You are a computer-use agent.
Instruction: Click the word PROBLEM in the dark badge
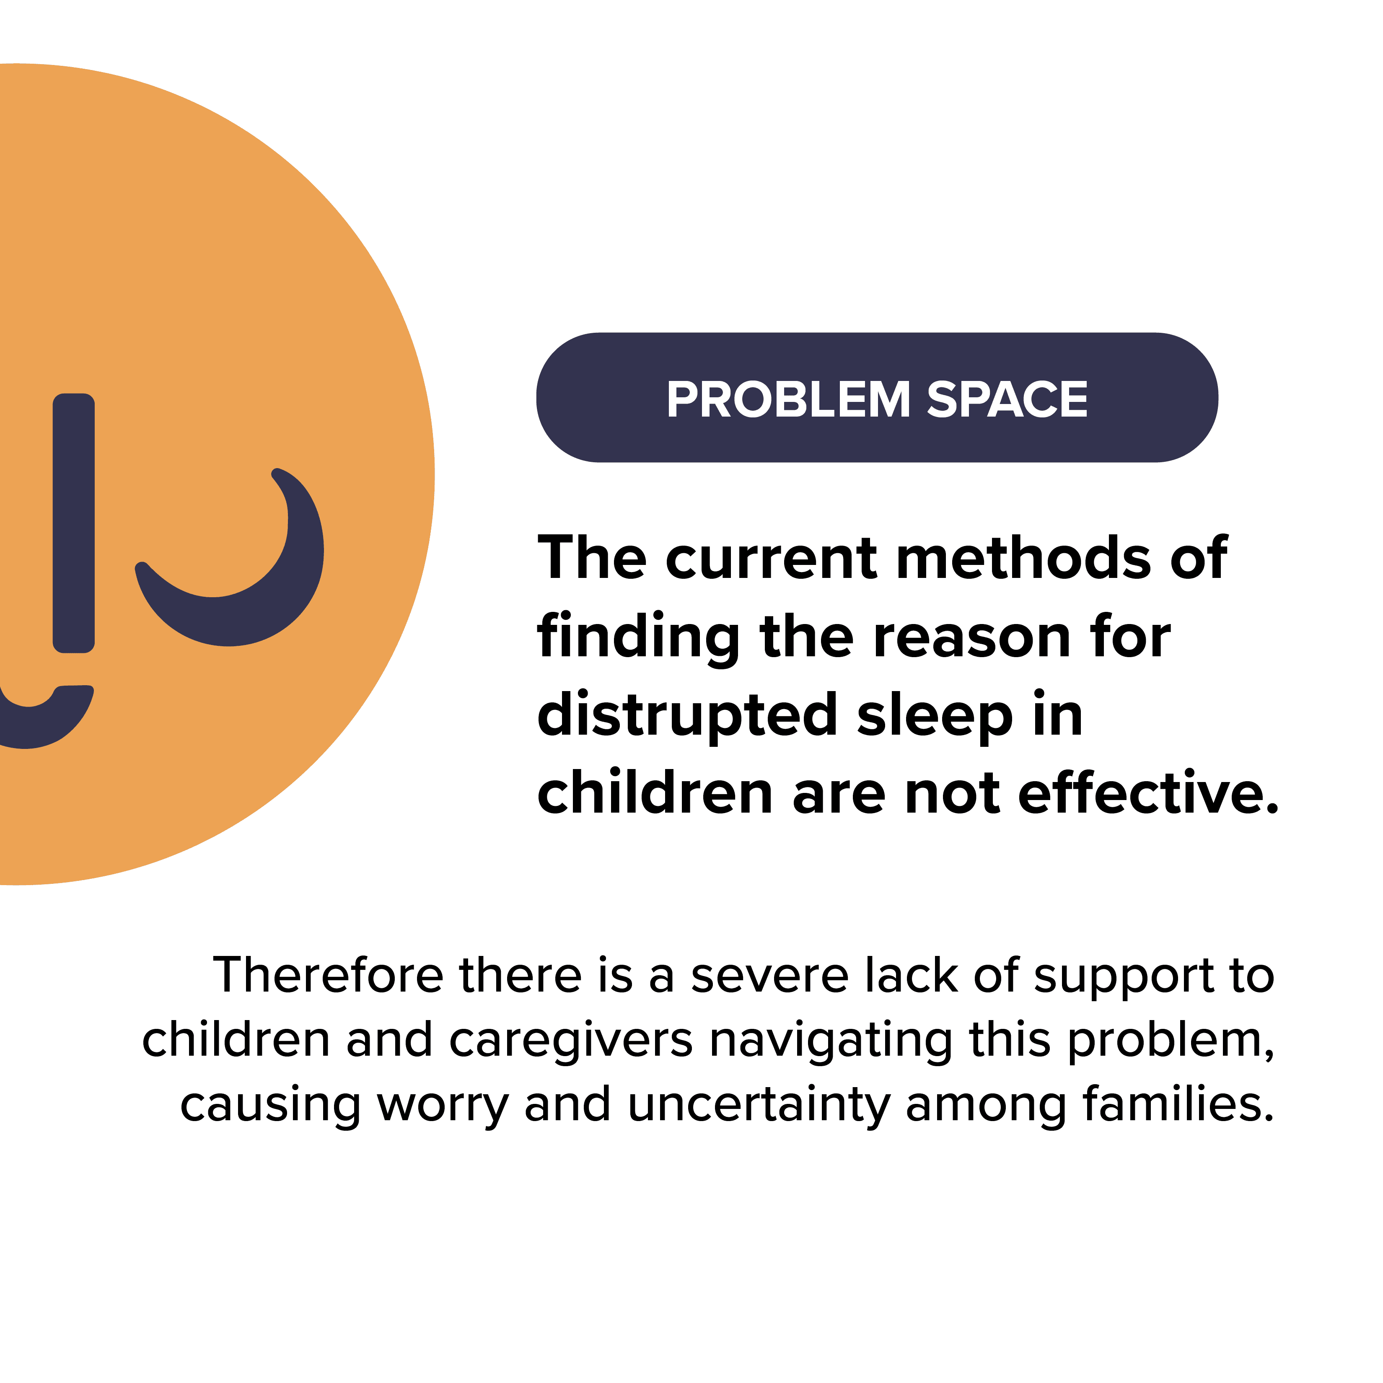(x=789, y=399)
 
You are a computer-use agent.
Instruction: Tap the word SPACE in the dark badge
(x=1007, y=399)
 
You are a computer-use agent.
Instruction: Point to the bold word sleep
(x=935, y=717)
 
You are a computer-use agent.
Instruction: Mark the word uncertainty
(x=759, y=1105)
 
